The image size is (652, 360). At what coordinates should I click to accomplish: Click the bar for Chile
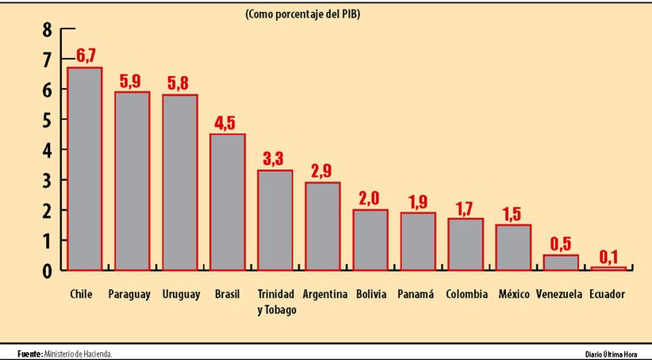[84, 168]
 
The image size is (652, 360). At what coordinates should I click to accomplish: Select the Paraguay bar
[132, 181]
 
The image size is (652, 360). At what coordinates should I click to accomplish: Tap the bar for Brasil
[227, 201]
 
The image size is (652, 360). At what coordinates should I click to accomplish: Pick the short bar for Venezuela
[561, 262]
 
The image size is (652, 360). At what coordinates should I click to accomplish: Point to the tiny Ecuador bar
[608, 268]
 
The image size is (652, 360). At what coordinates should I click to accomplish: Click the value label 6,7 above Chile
[86, 56]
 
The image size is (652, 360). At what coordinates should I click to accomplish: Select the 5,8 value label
[180, 82]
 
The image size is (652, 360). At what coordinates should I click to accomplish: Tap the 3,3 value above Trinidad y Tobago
[274, 158]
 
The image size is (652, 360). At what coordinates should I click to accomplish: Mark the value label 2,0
[370, 197]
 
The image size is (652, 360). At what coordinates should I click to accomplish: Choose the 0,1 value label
[608, 255]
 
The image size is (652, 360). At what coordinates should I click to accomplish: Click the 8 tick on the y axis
[47, 29]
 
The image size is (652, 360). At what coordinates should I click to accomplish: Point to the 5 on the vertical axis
[47, 120]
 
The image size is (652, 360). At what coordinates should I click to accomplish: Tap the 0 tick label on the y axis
[47, 270]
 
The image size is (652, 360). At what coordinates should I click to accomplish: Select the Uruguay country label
[180, 294]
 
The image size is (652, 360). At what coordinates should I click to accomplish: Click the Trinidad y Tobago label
[276, 301]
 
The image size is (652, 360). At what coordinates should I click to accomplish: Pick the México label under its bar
[514, 294]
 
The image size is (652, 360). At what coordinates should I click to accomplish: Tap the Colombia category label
[466, 294]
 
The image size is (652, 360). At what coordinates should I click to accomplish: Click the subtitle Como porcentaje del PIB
[303, 13]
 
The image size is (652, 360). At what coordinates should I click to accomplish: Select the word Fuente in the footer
[29, 353]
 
